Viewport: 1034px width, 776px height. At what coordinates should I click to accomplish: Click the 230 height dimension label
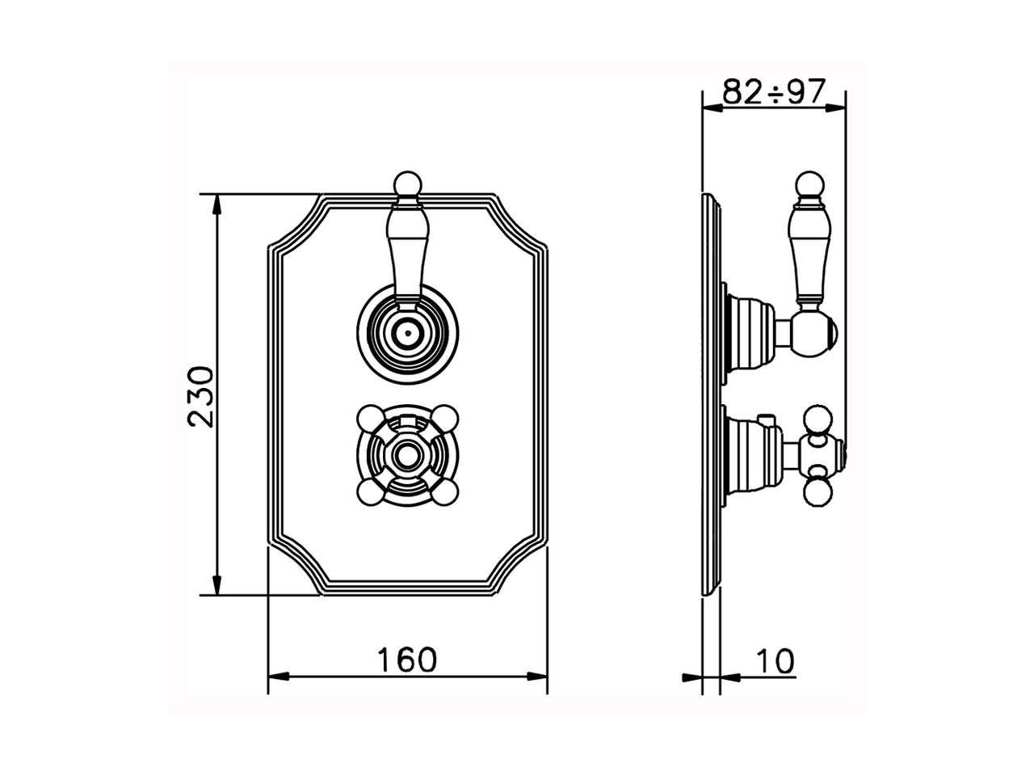pyautogui.click(x=200, y=395)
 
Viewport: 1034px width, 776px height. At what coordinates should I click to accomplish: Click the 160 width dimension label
pyautogui.click(x=407, y=660)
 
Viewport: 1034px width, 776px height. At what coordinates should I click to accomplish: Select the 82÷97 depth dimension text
pyautogui.click(x=773, y=92)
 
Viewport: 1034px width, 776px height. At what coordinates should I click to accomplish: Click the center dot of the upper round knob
pyautogui.click(x=408, y=331)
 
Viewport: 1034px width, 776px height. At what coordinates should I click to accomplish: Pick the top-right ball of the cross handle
pyautogui.click(x=447, y=419)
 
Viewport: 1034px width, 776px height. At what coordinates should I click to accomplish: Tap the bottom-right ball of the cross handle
pyautogui.click(x=447, y=491)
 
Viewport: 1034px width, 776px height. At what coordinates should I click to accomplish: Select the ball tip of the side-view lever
pyautogui.click(x=810, y=184)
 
